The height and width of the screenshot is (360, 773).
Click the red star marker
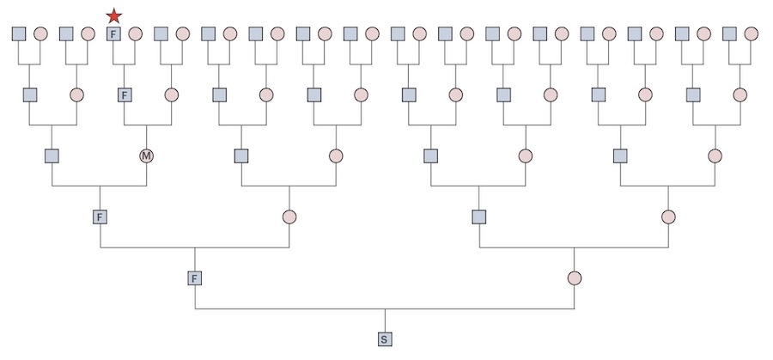pos(113,15)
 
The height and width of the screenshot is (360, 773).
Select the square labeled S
pos(384,339)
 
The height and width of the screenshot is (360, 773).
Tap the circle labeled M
pos(147,156)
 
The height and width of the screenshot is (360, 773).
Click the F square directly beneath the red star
pos(113,34)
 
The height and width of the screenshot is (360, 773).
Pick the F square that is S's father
pos(195,278)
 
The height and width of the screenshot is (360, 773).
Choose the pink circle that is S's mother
pos(574,278)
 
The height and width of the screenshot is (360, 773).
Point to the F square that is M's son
pos(100,217)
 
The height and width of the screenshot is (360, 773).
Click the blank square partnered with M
pos(52,156)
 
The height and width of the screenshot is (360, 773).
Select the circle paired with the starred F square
pos(135,34)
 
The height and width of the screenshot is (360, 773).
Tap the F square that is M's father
pos(124,95)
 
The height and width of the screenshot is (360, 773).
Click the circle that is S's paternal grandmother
pos(289,217)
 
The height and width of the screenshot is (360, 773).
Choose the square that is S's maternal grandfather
pos(479,217)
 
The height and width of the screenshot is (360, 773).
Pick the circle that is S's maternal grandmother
pos(668,217)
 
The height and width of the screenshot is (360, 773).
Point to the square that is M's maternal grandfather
pos(160,34)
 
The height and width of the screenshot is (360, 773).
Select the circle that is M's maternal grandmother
pos(182,34)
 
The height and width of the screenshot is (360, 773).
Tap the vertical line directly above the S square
pos(384,320)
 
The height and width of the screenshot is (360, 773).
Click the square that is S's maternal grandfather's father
pos(431,156)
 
